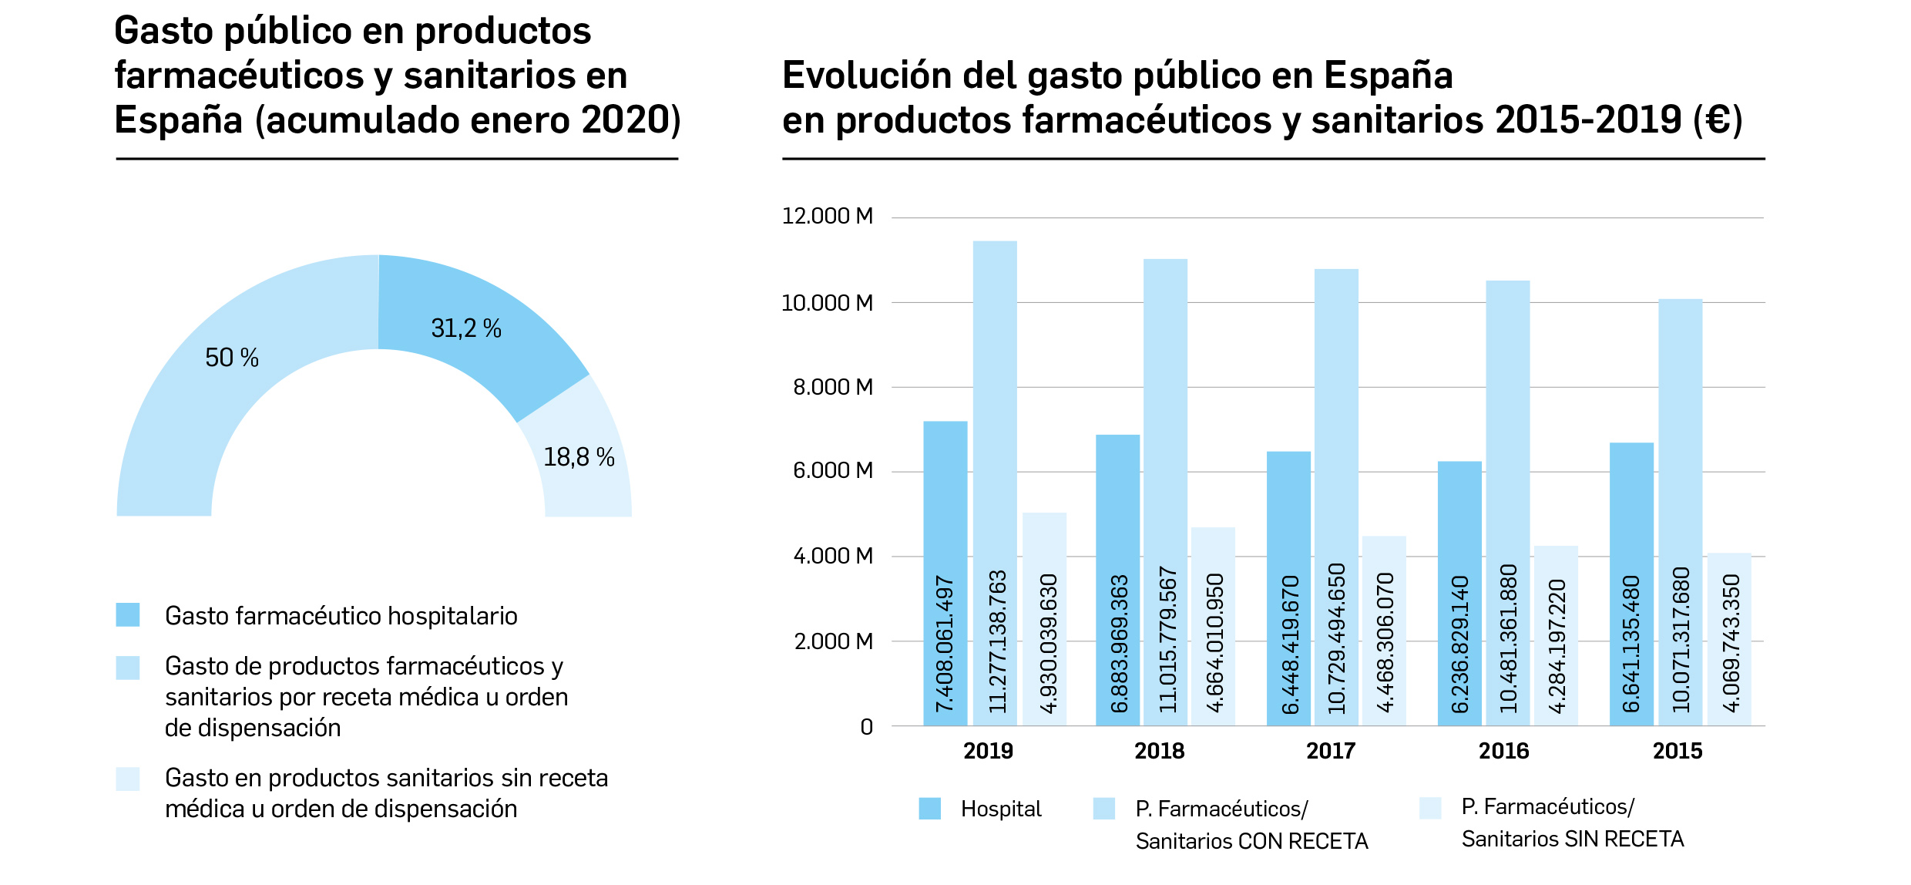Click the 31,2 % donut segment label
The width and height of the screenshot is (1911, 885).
465,329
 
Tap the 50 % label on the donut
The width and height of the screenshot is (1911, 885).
231,358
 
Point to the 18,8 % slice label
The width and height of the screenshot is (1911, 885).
579,457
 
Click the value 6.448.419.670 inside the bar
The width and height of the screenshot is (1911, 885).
1290,644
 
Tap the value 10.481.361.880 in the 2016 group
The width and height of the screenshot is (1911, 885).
1508,638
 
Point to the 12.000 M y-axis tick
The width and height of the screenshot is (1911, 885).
827,217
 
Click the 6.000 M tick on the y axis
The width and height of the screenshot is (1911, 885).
832,470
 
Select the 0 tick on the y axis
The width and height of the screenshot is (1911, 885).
866,727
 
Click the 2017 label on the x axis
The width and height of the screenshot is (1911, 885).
1331,751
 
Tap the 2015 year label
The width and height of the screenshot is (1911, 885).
1677,751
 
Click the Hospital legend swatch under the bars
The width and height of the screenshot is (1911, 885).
929,809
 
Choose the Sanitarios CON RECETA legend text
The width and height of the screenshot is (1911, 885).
1251,841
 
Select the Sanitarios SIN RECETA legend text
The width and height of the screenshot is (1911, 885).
1572,839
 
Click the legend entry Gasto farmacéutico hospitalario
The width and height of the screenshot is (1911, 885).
341,616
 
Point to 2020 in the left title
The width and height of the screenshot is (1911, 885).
626,120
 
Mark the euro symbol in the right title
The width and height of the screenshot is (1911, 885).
1718,120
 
